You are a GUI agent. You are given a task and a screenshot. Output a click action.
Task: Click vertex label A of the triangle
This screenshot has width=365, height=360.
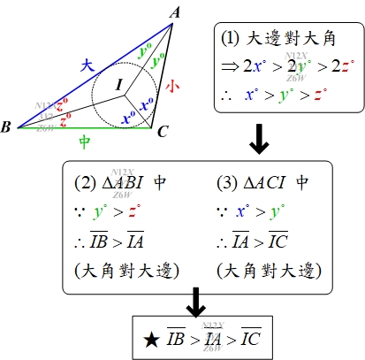pyautogui.click(x=176, y=12)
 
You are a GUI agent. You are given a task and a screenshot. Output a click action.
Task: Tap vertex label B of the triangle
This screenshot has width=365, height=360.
pyautogui.click(x=5, y=126)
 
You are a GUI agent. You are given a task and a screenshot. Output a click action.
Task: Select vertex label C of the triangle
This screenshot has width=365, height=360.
pyautogui.click(x=163, y=132)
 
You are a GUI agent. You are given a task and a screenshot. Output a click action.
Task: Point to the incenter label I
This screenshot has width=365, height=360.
pyautogui.click(x=119, y=85)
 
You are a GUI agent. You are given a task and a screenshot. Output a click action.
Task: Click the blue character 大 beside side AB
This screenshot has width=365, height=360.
pyautogui.click(x=87, y=65)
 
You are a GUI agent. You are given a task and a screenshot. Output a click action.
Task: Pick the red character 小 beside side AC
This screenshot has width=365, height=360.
pyautogui.click(x=172, y=87)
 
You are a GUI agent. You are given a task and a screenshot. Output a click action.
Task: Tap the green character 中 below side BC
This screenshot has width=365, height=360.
pyautogui.click(x=85, y=142)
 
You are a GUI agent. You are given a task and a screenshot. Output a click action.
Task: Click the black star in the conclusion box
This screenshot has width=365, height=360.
pyautogui.click(x=151, y=340)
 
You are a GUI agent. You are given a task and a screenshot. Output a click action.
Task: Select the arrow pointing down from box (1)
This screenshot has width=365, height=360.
pyautogui.click(x=259, y=139)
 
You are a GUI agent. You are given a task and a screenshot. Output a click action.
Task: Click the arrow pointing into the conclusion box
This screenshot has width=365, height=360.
pyautogui.click(x=196, y=303)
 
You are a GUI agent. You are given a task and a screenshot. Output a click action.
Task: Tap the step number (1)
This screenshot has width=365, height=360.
pyautogui.click(x=230, y=39)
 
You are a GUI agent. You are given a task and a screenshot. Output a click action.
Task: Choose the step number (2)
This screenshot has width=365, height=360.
pyautogui.click(x=85, y=183)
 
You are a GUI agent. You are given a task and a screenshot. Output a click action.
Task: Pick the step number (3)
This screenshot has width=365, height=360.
pyautogui.click(x=227, y=183)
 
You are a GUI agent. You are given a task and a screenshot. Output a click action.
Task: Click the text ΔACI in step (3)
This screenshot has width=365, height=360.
pyautogui.click(x=264, y=183)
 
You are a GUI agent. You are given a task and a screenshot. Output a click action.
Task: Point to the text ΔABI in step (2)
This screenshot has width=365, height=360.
pyautogui.click(x=123, y=183)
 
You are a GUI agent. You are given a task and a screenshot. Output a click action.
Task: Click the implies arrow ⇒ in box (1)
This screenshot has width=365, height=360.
pyautogui.click(x=231, y=66)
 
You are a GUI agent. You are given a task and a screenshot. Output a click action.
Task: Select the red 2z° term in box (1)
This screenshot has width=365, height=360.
pyautogui.click(x=343, y=66)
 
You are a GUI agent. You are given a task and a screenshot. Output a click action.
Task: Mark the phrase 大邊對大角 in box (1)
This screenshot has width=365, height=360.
pyautogui.click(x=290, y=39)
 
